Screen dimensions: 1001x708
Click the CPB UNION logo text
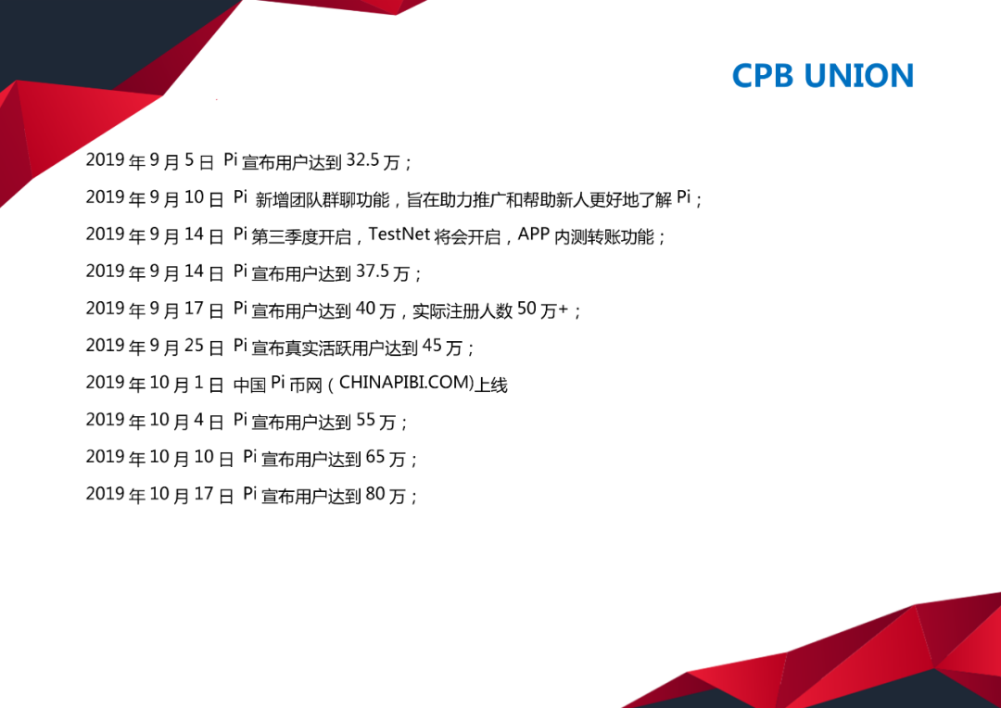(823, 75)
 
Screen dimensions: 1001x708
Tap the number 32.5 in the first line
(363, 160)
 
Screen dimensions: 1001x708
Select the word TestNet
(399, 234)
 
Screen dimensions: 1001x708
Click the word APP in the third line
(534, 234)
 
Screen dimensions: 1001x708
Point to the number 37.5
(373, 272)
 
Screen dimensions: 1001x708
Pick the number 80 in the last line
(375, 494)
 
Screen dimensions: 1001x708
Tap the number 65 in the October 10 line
(375, 457)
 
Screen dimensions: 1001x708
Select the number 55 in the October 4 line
(366, 420)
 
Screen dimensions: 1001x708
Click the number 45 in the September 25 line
(432, 346)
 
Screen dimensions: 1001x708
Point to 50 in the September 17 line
(526, 309)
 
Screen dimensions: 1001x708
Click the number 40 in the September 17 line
(366, 309)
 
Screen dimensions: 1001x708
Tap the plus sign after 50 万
(564, 310)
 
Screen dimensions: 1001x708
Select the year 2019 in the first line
(106, 159)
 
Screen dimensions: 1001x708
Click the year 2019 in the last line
(106, 494)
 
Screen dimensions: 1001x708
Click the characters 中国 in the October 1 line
(249, 385)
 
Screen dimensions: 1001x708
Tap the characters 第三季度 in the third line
(285, 237)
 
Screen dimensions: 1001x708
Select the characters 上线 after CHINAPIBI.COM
(491, 385)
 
